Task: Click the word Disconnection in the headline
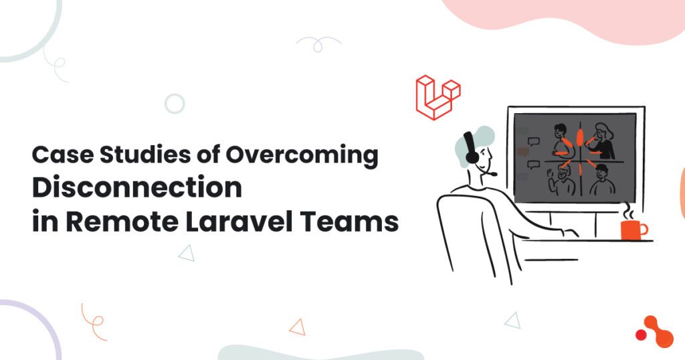pos(137,187)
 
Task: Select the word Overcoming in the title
pos(302,155)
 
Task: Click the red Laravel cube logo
pos(438,98)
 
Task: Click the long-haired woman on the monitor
pos(603,141)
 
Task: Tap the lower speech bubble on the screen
pos(533,165)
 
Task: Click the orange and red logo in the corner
pos(655,332)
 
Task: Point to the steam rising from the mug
pos(629,211)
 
